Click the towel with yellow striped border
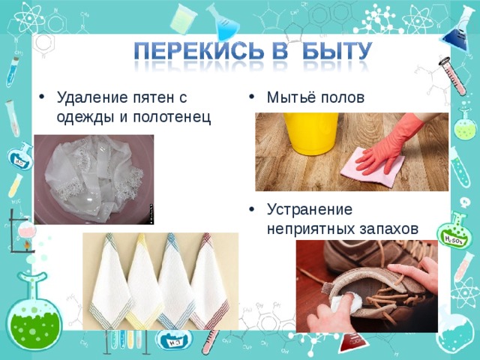(145, 281)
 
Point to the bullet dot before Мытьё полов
(253, 97)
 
